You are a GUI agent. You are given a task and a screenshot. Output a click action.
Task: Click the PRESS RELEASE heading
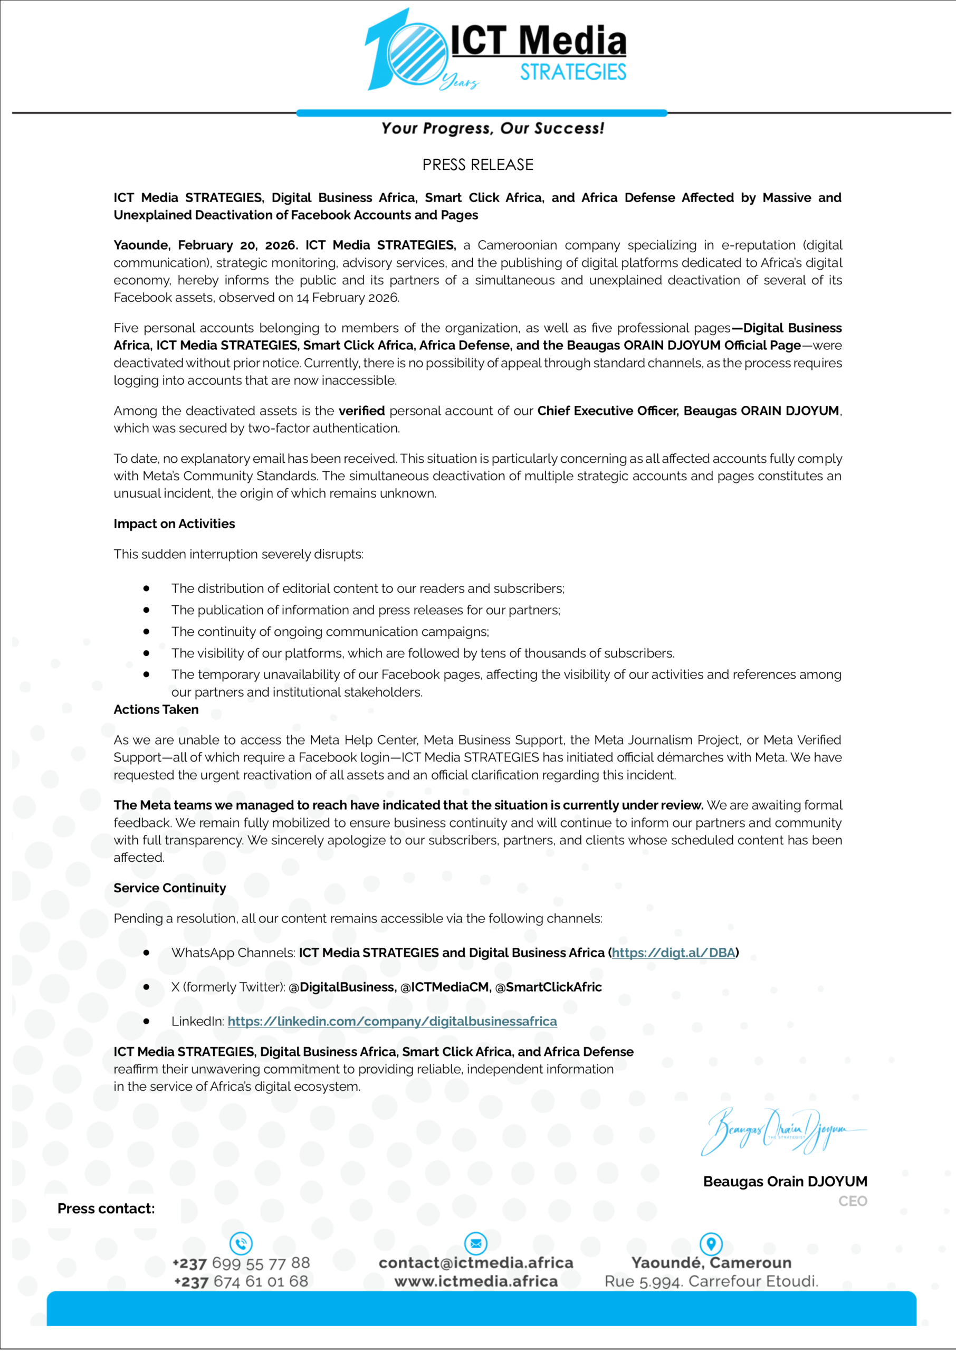pyautogui.click(x=477, y=165)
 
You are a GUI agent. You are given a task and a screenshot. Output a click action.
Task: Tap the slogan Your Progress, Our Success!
pyautogui.click(x=492, y=128)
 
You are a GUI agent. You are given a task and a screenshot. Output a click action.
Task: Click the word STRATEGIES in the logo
pyautogui.click(x=572, y=72)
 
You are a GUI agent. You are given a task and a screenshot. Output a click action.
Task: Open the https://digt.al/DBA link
pyautogui.click(x=673, y=953)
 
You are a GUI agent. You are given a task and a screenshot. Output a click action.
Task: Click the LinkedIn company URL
pyautogui.click(x=392, y=1021)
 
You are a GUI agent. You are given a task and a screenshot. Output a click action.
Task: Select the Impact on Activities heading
pyautogui.click(x=174, y=524)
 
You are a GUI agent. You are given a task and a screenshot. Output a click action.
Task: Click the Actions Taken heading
pyautogui.click(x=156, y=709)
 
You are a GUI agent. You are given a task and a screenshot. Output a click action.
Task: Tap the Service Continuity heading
pyautogui.click(x=169, y=888)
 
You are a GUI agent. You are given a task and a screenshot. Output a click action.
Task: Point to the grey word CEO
pyautogui.click(x=853, y=1201)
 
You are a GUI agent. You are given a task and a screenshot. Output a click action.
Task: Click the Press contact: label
pyautogui.click(x=106, y=1209)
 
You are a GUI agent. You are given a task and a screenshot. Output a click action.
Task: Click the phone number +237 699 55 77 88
pyautogui.click(x=241, y=1263)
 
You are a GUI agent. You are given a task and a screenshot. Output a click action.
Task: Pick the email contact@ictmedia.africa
pyautogui.click(x=476, y=1263)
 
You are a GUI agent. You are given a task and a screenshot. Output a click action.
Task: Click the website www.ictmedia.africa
pyautogui.click(x=476, y=1281)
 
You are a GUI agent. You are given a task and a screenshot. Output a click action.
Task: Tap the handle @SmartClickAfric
pyautogui.click(x=548, y=987)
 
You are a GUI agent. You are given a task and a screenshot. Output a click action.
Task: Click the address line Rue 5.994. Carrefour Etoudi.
pyautogui.click(x=711, y=1281)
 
